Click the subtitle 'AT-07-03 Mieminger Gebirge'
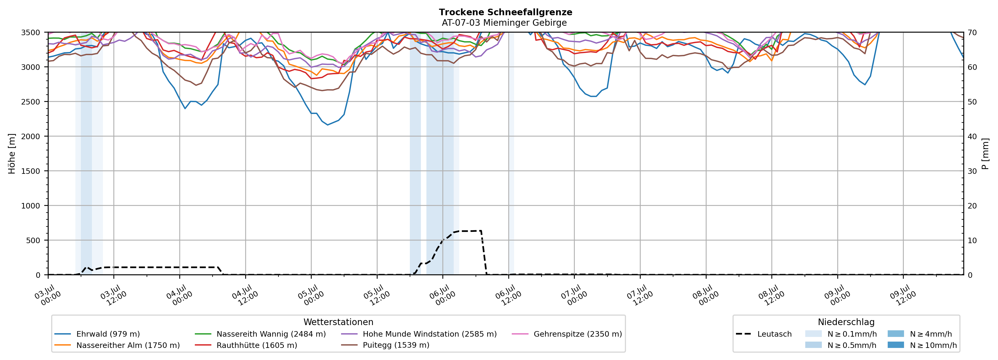(x=504, y=23)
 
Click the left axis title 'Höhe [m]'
(x=12, y=154)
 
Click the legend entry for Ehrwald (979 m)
(x=97, y=334)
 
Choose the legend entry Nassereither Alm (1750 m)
(x=117, y=345)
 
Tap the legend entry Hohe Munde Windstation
(x=419, y=334)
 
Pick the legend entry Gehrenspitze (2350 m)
(x=567, y=334)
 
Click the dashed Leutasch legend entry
(x=764, y=334)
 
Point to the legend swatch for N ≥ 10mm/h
(x=896, y=345)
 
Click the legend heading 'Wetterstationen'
(x=338, y=322)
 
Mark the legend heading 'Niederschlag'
(x=846, y=322)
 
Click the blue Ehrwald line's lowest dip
(x=327, y=125)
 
